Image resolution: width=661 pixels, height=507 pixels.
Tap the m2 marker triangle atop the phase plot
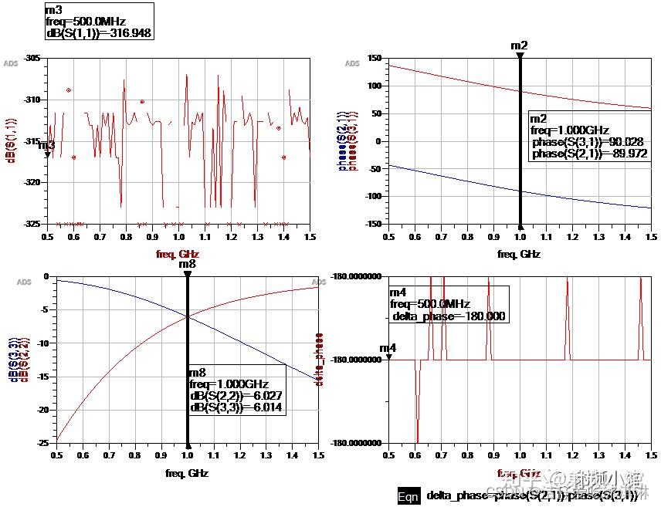point(520,56)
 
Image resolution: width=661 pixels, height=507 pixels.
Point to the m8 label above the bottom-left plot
point(187,264)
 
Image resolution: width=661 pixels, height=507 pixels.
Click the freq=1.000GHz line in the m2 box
point(570,130)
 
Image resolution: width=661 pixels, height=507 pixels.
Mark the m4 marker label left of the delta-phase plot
point(388,348)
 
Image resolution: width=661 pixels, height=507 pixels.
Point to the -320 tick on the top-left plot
point(32,182)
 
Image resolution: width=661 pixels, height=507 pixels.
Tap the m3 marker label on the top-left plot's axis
point(47,144)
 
